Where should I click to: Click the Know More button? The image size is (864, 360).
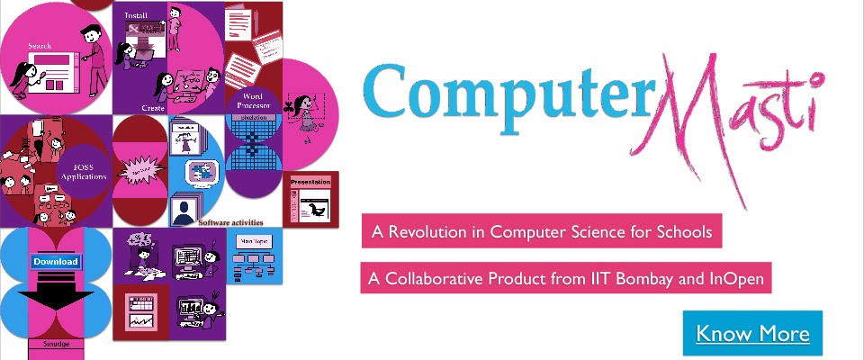click(x=752, y=334)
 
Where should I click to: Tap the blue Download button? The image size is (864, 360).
click(x=57, y=262)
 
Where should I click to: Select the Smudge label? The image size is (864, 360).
click(x=56, y=344)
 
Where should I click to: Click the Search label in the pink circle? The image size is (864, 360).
click(x=40, y=46)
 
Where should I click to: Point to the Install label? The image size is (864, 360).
click(x=136, y=15)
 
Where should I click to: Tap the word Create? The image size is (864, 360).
click(x=152, y=107)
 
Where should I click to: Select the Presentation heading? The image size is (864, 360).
click(x=311, y=183)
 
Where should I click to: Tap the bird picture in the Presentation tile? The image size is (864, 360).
click(x=314, y=210)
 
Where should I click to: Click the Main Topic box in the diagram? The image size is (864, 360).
click(x=251, y=242)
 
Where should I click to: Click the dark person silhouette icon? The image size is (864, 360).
click(x=186, y=212)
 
